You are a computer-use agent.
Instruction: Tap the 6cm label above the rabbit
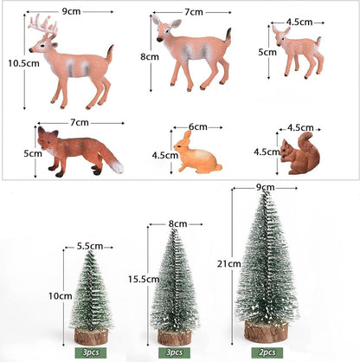tap(197, 126)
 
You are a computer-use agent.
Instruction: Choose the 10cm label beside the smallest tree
tap(61, 295)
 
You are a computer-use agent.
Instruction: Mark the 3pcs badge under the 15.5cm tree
tap(174, 353)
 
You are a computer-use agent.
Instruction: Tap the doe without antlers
tap(186, 52)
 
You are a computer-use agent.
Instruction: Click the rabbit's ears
tap(184, 136)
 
